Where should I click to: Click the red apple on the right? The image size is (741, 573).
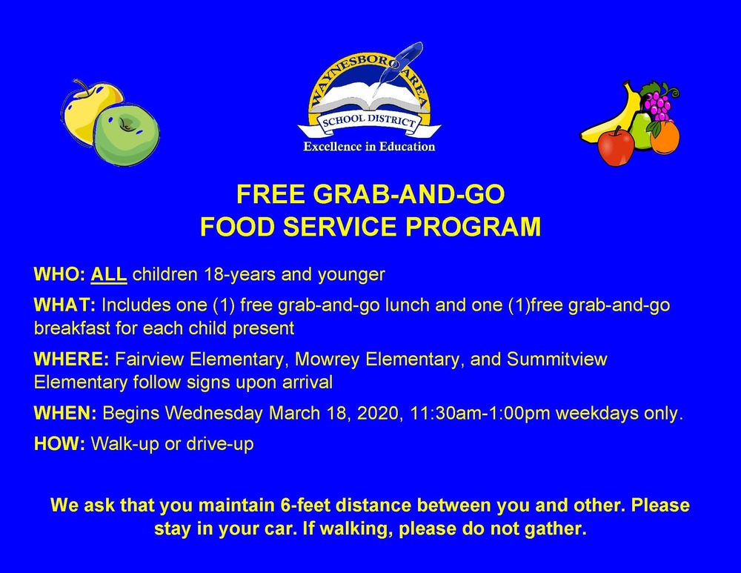point(616,146)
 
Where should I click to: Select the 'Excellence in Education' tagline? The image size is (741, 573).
point(369,147)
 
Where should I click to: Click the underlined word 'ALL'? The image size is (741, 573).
point(109,275)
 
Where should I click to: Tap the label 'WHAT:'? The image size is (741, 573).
point(65,306)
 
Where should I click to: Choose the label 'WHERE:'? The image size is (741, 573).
point(71,360)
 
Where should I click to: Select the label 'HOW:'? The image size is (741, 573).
point(60,445)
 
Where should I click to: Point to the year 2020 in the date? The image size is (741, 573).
point(378,414)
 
